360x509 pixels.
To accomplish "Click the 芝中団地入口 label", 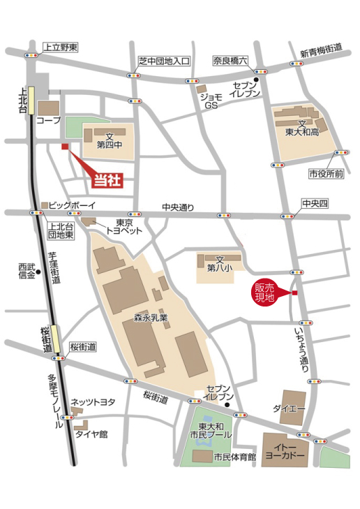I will (164, 61).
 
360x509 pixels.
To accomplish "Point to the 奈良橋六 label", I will (231, 61).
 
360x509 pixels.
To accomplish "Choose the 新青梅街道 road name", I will (322, 50).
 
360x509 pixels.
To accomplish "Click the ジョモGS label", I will (211, 101).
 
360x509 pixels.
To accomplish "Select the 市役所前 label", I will (327, 174).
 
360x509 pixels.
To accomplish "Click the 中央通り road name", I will (178, 207).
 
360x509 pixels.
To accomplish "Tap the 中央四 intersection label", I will (315, 203).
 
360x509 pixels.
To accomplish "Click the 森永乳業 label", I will (151, 318).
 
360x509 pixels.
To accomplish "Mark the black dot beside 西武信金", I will (40, 271).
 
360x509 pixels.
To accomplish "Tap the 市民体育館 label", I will (234, 457).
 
